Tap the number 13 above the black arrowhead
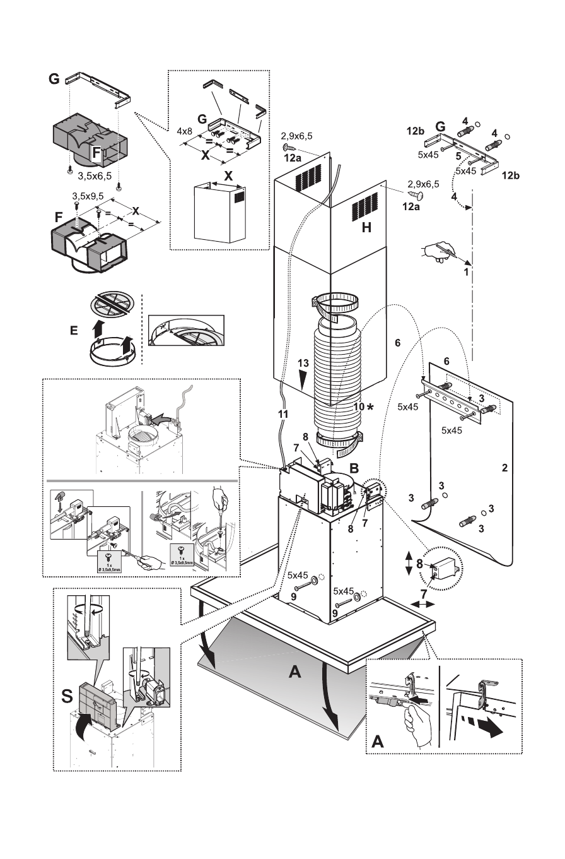[304, 364]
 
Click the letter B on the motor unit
[354, 469]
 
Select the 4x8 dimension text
[184, 131]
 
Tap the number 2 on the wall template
[504, 468]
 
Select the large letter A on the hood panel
[294, 673]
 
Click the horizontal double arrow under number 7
[422, 604]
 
